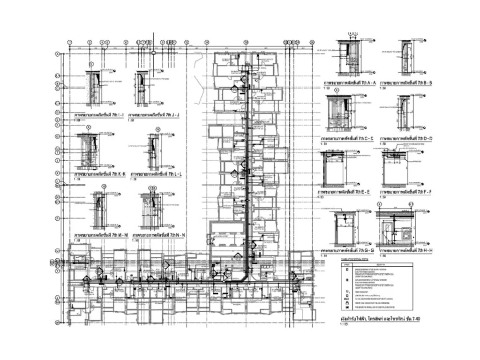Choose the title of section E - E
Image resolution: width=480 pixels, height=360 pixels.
[x=344, y=192]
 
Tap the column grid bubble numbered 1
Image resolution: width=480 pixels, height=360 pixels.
[x=70, y=43]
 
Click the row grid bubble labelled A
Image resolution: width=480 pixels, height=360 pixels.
[x=57, y=54]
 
